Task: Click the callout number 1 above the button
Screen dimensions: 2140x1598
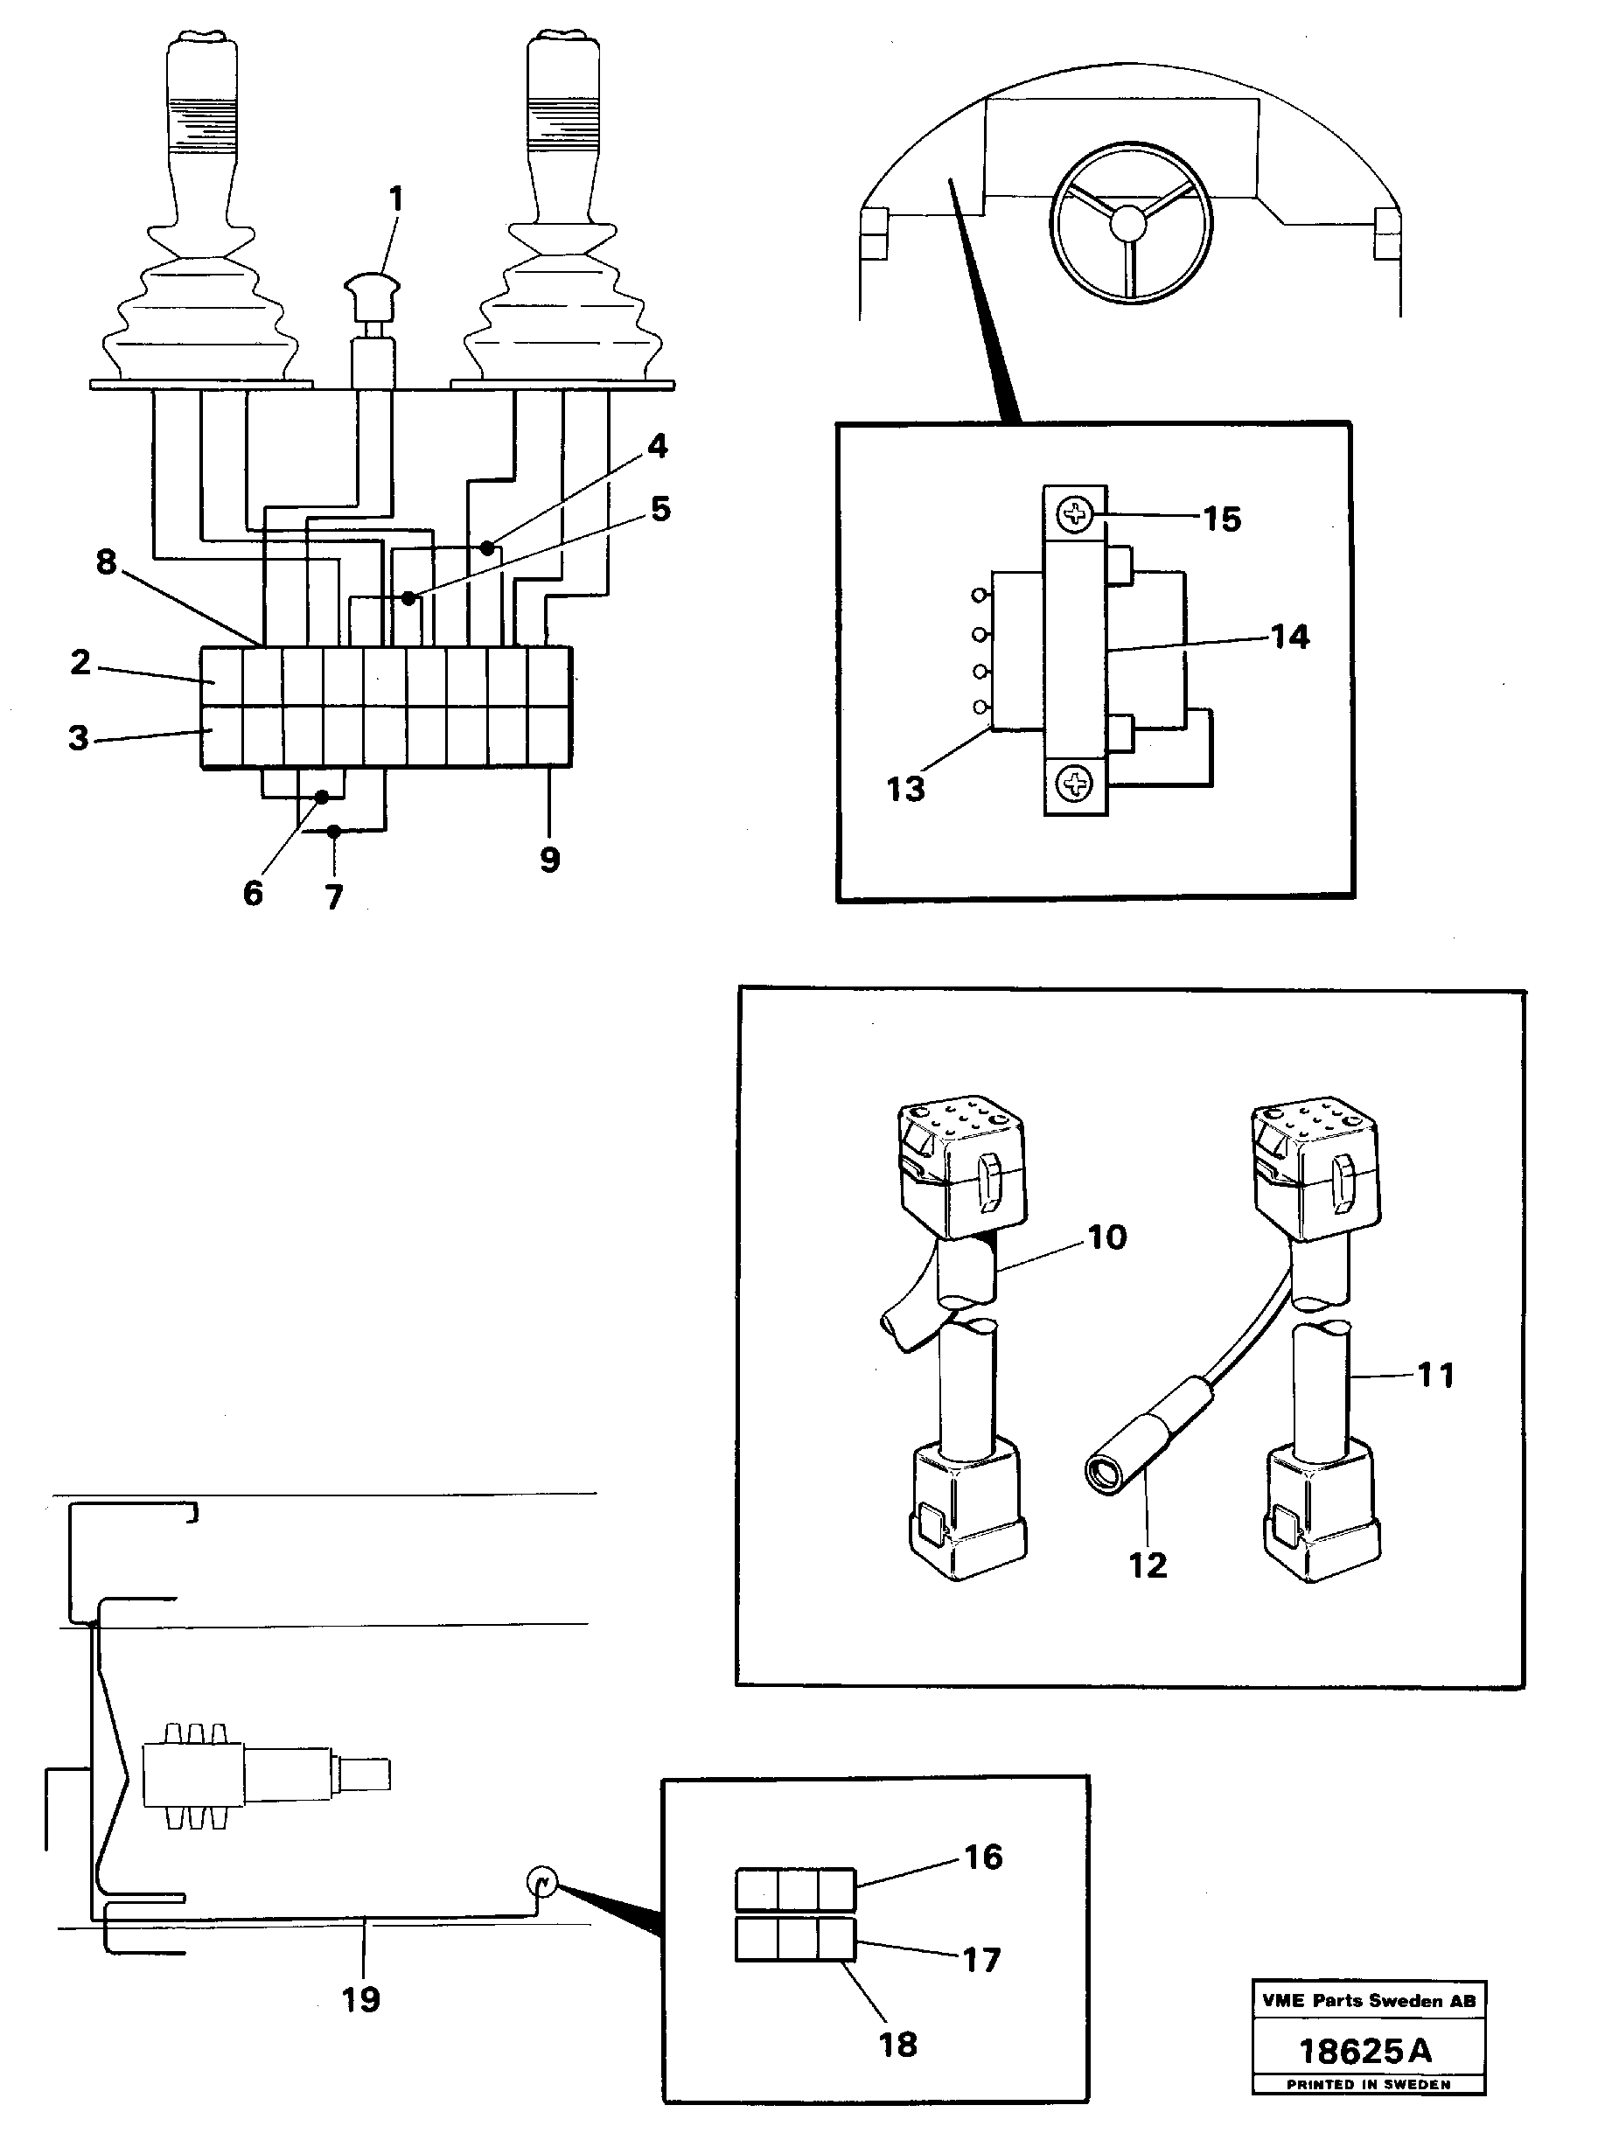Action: point(395,200)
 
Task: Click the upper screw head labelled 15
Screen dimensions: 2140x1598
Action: point(1075,514)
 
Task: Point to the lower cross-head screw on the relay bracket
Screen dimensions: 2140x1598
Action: point(1075,783)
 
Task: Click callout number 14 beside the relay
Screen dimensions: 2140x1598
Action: point(1289,638)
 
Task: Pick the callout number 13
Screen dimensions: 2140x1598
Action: point(905,790)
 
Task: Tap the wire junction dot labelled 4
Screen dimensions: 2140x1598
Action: point(487,548)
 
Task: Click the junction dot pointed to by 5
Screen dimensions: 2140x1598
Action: point(409,598)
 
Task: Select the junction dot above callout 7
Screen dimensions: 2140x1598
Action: point(334,831)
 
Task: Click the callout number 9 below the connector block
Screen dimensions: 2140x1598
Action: point(549,859)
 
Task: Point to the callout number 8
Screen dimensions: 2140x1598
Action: point(107,561)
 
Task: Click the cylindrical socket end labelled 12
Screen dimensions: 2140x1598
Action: point(1104,1474)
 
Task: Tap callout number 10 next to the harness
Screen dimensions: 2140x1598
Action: point(1107,1237)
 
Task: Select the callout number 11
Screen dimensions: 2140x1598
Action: point(1435,1375)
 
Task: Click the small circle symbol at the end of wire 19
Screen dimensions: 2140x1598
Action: point(541,1882)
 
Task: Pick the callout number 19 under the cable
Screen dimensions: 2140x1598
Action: point(361,1999)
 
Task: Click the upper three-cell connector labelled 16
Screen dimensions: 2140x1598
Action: point(795,1889)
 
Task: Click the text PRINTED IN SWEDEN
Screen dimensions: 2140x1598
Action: point(1368,2084)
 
